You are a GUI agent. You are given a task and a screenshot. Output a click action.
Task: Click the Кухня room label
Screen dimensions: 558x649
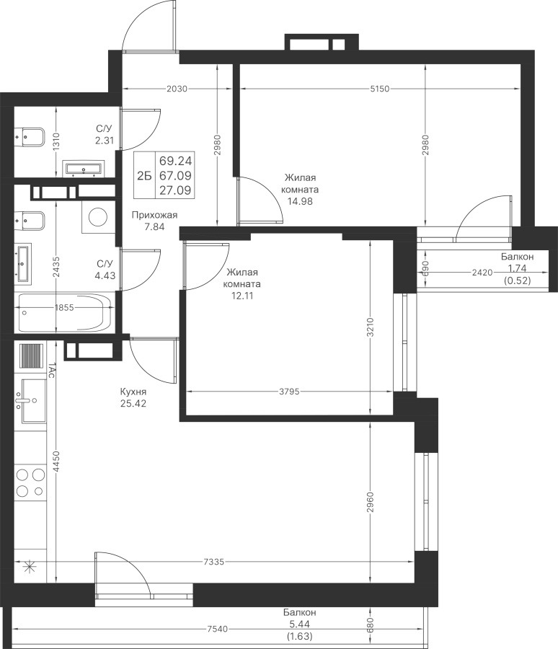pyautogui.click(x=133, y=392)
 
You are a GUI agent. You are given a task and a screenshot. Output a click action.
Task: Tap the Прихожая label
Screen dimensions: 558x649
pyautogui.click(x=154, y=215)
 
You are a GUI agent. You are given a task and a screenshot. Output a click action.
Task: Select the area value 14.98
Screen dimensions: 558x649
pyautogui.click(x=300, y=202)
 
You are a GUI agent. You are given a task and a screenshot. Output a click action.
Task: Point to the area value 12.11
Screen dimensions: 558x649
pyautogui.click(x=242, y=296)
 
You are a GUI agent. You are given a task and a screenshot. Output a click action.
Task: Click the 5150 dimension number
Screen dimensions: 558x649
pyautogui.click(x=380, y=89)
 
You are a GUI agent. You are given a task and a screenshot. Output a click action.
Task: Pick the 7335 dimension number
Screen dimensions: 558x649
pyautogui.click(x=214, y=562)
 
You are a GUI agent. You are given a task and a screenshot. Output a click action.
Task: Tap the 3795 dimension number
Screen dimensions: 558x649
pyautogui.click(x=289, y=392)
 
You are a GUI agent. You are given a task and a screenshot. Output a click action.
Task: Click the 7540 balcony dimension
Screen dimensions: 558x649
pyautogui.click(x=217, y=629)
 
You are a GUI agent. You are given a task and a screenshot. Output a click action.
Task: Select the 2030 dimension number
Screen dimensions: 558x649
pyautogui.click(x=177, y=89)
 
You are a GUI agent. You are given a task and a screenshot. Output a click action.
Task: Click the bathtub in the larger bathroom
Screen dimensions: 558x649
pyautogui.click(x=64, y=312)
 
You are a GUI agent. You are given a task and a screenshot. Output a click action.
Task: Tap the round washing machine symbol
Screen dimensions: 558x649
pyautogui.click(x=98, y=217)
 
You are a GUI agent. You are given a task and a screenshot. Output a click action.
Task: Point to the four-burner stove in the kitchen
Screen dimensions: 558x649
pyautogui.click(x=30, y=482)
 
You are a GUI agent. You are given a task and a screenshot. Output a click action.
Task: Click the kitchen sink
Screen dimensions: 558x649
pyautogui.click(x=30, y=401)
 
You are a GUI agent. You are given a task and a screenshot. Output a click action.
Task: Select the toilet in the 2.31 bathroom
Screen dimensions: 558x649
pyautogui.click(x=29, y=137)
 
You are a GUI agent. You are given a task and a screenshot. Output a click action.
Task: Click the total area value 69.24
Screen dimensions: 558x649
pyautogui.click(x=175, y=160)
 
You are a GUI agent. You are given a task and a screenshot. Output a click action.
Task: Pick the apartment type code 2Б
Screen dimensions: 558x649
pyautogui.click(x=144, y=176)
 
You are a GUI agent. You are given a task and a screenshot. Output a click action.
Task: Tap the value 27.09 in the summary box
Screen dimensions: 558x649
pyautogui.click(x=175, y=190)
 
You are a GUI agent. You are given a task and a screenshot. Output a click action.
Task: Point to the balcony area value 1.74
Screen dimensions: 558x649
pyautogui.click(x=518, y=268)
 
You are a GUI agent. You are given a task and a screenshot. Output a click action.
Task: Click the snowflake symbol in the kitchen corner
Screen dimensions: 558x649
pyautogui.click(x=29, y=565)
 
